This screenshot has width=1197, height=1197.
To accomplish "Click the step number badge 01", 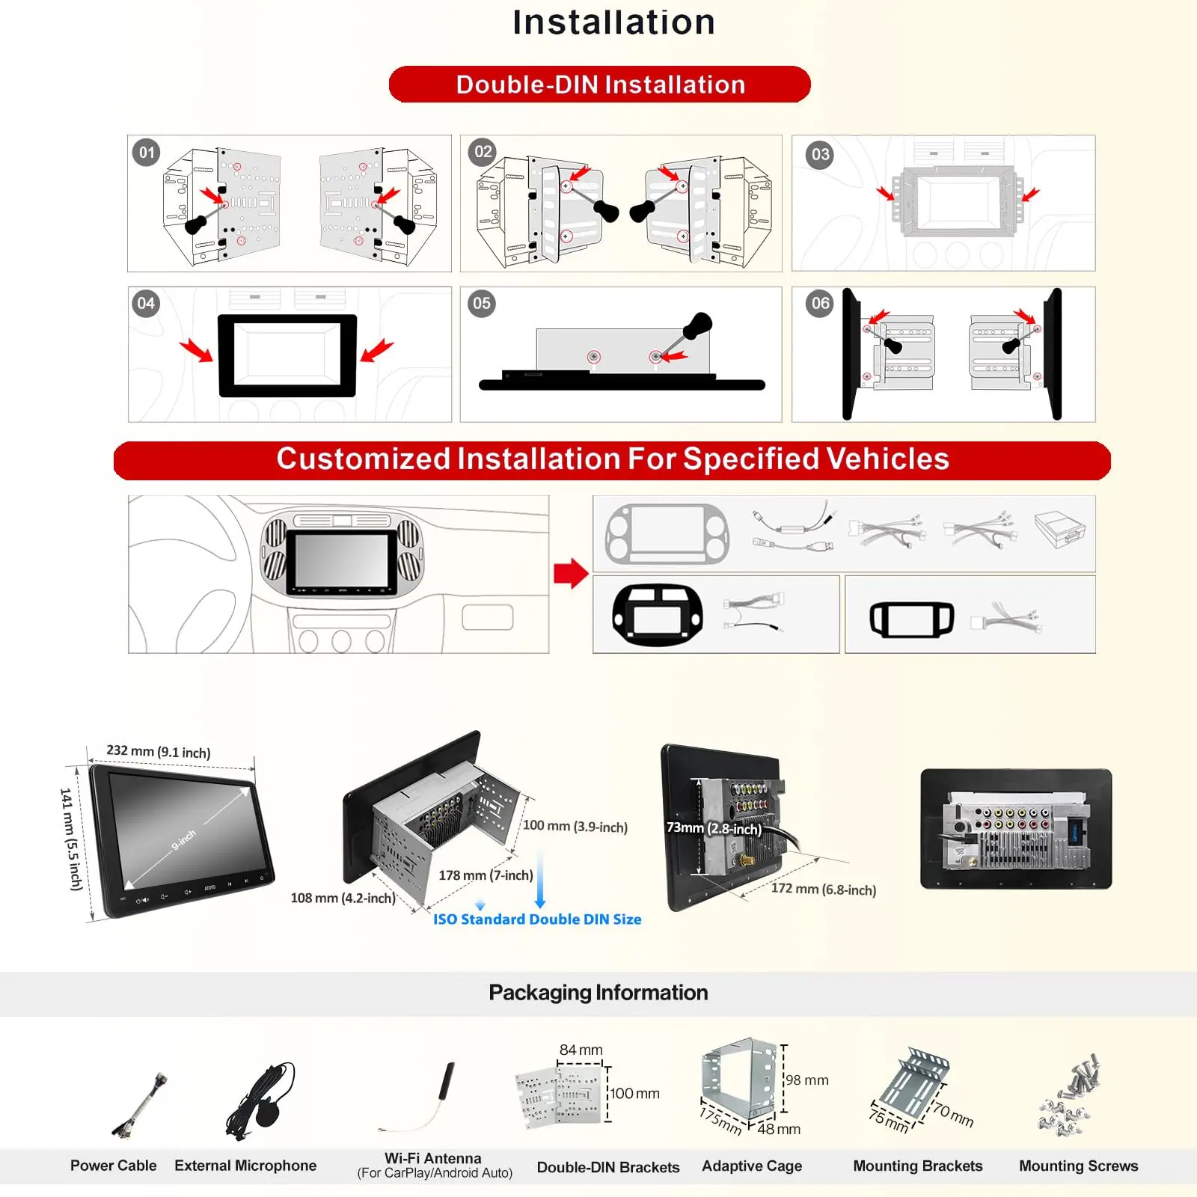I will [147, 153].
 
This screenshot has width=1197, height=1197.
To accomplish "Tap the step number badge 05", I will [482, 304].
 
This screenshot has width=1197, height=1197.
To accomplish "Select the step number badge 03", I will [820, 155].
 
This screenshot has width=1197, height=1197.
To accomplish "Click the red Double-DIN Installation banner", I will [600, 85].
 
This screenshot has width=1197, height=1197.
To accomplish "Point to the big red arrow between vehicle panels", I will [571, 574].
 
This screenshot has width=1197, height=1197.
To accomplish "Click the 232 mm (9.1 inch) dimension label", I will [159, 751].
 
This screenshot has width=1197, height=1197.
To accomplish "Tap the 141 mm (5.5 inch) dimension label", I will [72, 839].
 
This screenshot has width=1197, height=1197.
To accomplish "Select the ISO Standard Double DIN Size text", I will [537, 919].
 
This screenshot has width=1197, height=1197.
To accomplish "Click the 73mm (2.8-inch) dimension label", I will [714, 828].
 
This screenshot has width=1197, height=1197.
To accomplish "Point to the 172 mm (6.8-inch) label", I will [823, 890].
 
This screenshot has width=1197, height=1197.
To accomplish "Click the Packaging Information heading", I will [598, 993].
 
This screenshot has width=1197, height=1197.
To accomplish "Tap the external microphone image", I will [263, 1097].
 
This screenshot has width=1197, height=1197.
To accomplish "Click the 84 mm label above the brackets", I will [581, 1050].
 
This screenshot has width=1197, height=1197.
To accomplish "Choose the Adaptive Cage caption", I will [751, 1166].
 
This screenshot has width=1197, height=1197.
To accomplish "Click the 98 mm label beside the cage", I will [806, 1080].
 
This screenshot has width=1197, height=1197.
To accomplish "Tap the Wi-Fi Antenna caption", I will [433, 1159].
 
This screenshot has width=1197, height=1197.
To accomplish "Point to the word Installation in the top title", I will [613, 22].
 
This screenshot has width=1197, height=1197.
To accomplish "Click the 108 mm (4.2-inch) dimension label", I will [343, 898].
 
